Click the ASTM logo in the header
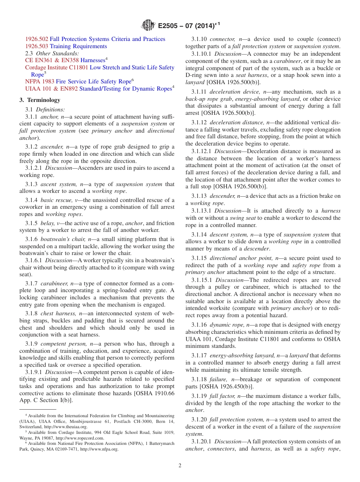pos(148,26)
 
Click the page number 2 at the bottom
pos(180,466)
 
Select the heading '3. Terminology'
pos(40,100)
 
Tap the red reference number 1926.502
pos(37,39)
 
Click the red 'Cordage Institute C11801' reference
pos(56,67)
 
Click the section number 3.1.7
pos(31,283)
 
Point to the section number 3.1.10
pos(199,39)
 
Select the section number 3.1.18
pos(199,379)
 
